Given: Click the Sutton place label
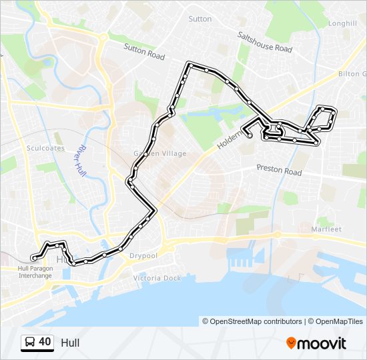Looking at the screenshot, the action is click(x=200, y=19).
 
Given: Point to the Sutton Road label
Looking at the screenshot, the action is click(x=144, y=52).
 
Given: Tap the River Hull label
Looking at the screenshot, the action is click(x=83, y=158).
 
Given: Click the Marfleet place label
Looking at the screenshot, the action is click(x=326, y=229).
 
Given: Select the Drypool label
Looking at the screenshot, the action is click(x=143, y=256).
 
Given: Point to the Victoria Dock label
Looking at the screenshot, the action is click(x=157, y=277).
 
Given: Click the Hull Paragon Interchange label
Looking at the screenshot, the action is click(x=34, y=271).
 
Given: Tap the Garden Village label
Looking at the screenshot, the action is click(x=160, y=153).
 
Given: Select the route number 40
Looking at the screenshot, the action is click(x=45, y=342).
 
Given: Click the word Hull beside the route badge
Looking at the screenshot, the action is click(x=70, y=343).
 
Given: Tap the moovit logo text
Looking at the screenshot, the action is click(x=322, y=343).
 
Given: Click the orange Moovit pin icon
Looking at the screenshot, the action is click(x=291, y=343).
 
